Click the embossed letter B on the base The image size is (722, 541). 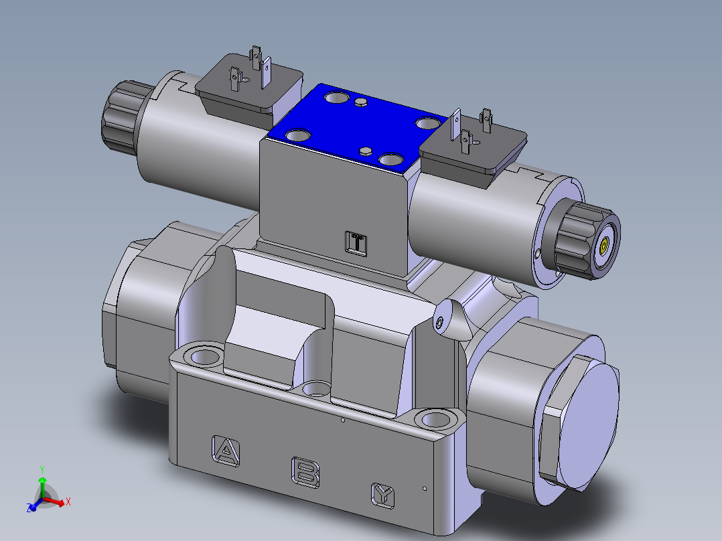click(x=305, y=471)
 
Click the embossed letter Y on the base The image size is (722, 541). click(x=383, y=495)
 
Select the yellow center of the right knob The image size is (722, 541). click(x=605, y=245)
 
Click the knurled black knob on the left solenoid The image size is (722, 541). click(x=121, y=114)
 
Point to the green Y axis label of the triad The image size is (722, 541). click(x=42, y=469)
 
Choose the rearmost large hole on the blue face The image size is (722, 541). click(x=336, y=99)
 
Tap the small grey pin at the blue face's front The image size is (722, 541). click(x=366, y=151)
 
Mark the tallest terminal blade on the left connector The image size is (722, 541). click(x=255, y=57)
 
